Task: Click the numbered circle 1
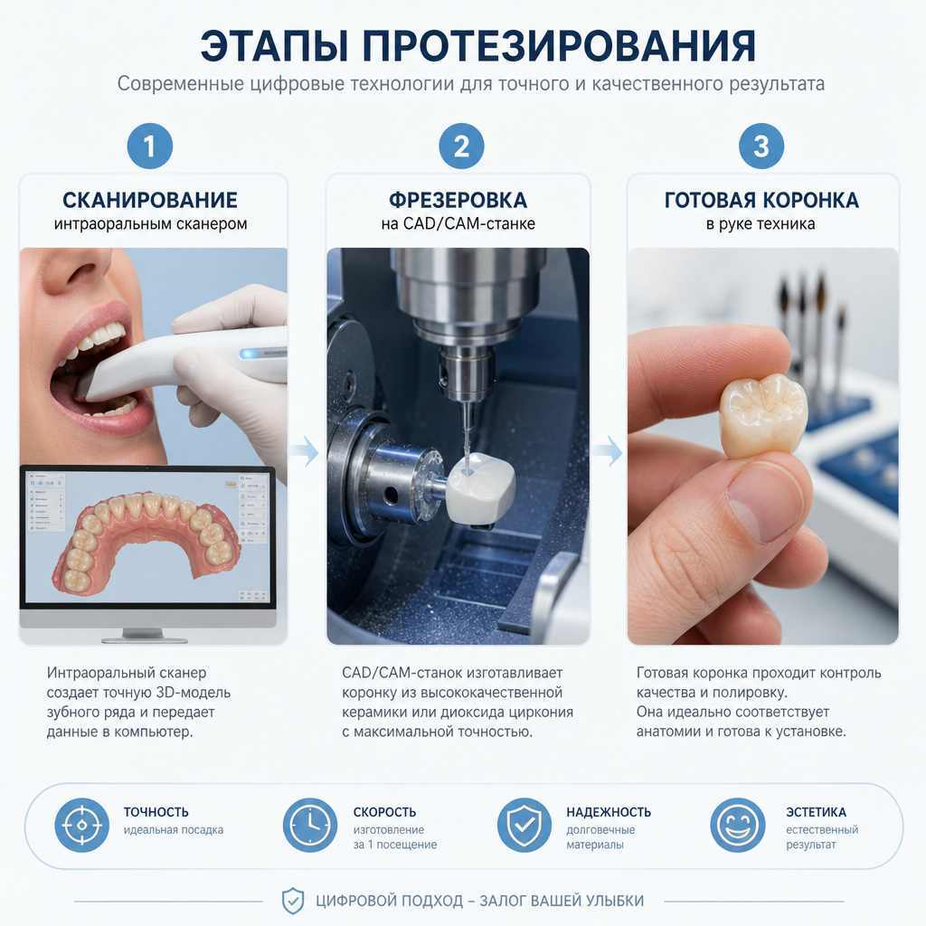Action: click(150, 146)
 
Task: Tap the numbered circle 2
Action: click(461, 146)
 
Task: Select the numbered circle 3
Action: click(761, 146)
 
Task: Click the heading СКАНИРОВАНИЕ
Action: click(150, 200)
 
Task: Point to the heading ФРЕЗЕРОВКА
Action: click(458, 200)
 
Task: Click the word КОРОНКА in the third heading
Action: click(810, 200)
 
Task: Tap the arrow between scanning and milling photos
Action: click(306, 452)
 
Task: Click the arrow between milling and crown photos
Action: click(608, 452)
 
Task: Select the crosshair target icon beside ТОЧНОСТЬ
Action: click(82, 825)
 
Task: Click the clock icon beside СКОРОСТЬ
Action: click(310, 825)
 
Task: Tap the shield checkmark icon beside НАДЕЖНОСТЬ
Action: click(524, 825)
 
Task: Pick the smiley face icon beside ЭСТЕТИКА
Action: click(738, 825)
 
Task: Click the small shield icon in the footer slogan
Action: click(292, 902)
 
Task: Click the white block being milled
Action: click(480, 488)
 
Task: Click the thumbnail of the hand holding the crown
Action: click(763, 446)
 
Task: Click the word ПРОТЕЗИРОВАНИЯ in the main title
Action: click(558, 45)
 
